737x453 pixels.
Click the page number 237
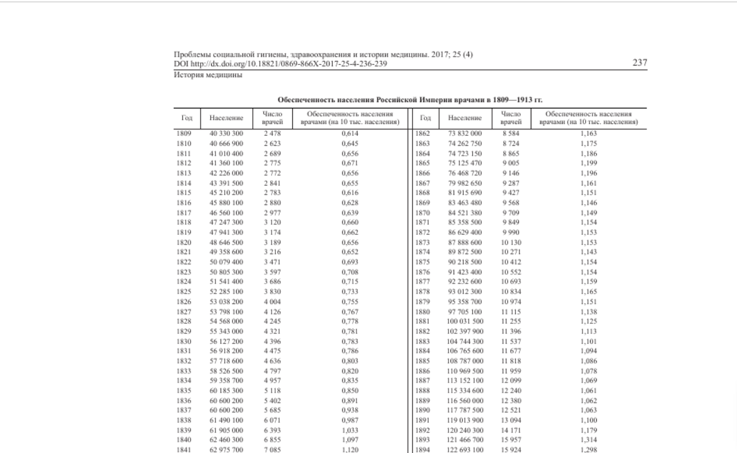[x=639, y=63]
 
